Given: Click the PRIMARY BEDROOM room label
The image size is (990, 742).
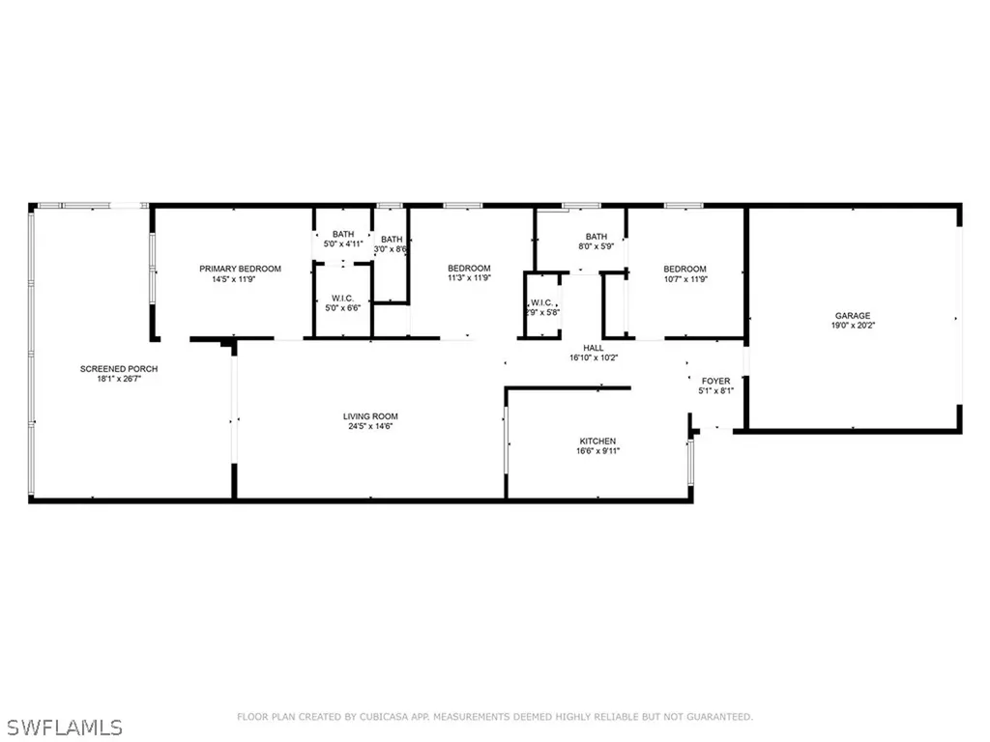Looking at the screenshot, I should tap(240, 269).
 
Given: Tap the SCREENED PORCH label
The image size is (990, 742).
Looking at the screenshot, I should tap(119, 369).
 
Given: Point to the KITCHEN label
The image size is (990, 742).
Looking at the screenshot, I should tap(597, 441).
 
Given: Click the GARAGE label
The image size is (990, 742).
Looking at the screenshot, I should tap(853, 316).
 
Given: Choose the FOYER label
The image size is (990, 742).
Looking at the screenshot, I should tap(716, 382).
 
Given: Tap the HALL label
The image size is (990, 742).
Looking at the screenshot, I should tap(594, 348).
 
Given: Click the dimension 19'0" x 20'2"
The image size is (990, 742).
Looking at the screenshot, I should tap(853, 327).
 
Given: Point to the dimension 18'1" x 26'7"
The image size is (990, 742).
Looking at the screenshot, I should tap(119, 379).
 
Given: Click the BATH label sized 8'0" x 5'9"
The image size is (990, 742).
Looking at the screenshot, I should tap(596, 237).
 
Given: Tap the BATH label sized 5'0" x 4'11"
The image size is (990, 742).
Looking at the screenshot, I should tap(343, 234).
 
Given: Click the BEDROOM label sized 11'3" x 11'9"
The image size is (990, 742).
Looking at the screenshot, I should tap(469, 269).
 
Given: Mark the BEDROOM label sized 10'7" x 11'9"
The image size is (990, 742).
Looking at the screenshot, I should tap(684, 270).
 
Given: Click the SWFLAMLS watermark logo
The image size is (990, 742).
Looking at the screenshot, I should tap(62, 725).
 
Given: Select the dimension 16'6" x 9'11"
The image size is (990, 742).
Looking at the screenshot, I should tap(597, 450).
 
